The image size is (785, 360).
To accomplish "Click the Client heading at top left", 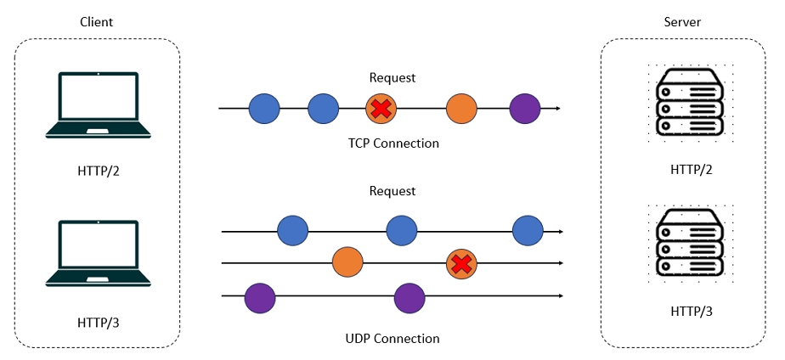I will point(96,22).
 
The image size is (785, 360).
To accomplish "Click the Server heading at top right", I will point(682,22).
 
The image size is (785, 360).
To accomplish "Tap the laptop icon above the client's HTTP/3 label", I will point(98,254).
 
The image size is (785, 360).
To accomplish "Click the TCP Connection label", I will point(392,143).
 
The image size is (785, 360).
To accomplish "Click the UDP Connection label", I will point(392,339).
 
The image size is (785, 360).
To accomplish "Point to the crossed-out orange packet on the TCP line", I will point(381,109).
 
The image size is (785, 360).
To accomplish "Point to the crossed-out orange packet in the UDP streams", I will point(461,265).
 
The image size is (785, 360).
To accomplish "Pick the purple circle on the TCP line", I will point(525,109).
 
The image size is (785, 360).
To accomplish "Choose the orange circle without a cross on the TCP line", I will point(462,109).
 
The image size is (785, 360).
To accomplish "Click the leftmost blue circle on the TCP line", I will point(264,109).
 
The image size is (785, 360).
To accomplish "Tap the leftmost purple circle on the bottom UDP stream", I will point(260,297).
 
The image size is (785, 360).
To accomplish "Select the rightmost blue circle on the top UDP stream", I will point(528,231).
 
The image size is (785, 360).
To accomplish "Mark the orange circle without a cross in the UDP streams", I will point(347,263).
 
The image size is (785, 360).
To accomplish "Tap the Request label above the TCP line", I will point(392,77).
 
